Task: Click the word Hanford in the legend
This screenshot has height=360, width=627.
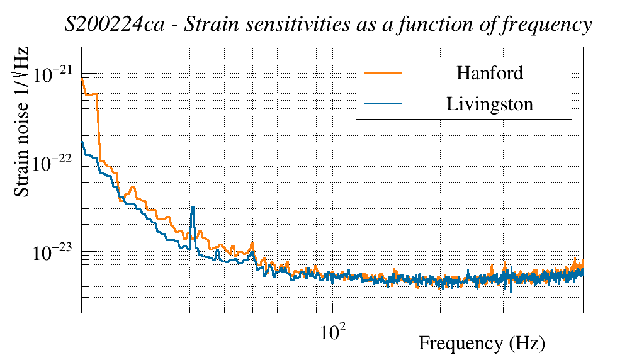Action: pyautogui.click(x=490, y=73)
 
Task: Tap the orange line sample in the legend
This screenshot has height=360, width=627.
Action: pyautogui.click(x=383, y=73)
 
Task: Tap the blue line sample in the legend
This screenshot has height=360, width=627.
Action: pyautogui.click(x=383, y=103)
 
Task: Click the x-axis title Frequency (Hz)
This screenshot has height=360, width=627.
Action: pyautogui.click(x=482, y=344)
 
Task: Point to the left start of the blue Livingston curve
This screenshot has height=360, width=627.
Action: pyautogui.click(x=82, y=143)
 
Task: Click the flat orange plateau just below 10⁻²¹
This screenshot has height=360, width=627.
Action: pyautogui.click(x=91, y=94)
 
